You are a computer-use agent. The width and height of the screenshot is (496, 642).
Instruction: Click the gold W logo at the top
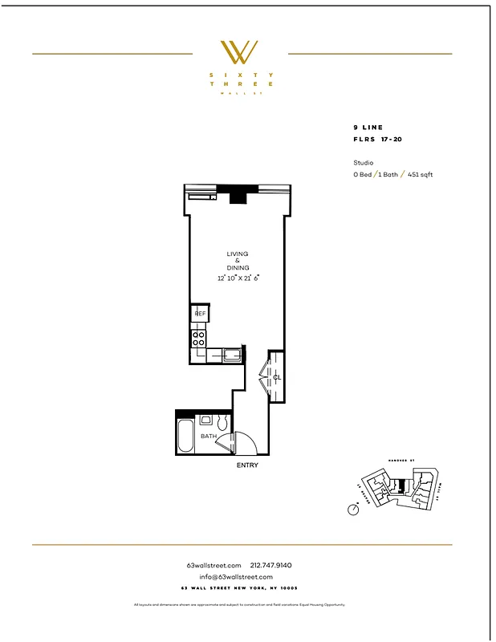point(239,52)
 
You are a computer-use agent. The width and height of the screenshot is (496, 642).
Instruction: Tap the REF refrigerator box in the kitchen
point(200,314)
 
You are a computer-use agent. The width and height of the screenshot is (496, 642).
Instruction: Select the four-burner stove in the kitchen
point(198,339)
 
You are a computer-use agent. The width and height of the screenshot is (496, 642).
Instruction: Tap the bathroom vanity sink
point(205,419)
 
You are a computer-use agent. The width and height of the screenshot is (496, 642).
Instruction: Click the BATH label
point(209,437)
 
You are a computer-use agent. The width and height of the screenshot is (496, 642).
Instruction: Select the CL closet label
point(277,376)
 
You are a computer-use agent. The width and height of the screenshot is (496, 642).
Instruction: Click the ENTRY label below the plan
point(247,465)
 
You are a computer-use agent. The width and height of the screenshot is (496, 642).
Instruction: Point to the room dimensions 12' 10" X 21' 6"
point(239,278)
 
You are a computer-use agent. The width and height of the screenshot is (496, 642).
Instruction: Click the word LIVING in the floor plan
point(238,254)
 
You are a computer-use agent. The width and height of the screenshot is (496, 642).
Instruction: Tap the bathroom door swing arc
point(243,442)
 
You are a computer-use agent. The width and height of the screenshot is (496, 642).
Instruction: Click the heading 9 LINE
point(368,128)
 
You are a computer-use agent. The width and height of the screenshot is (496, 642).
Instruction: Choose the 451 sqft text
point(420,174)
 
